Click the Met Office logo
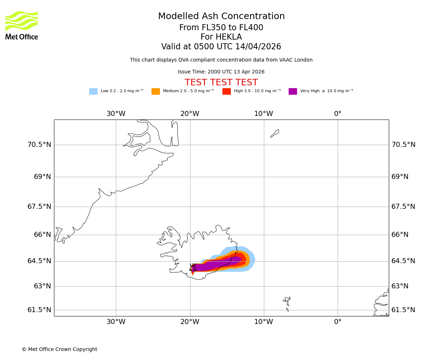pos(22,25)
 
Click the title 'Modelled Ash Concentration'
pos(221,17)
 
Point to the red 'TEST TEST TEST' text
pos(221,83)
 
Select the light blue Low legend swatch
pos(93,91)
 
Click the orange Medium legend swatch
pos(156,91)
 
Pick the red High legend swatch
pos(226,91)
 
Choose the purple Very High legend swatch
pos(293,91)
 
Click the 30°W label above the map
pos(116,114)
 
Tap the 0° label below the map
pos(338,322)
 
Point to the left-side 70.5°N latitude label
pos(39,145)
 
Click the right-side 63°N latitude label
pos(403,286)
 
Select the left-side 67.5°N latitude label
pos(39,207)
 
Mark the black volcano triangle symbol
pos(193,267)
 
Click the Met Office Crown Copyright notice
pos(59,350)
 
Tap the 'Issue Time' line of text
pos(221,72)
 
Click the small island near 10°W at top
pos(275,134)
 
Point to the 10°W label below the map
pos(264,322)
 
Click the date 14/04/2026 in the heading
pos(258,47)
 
